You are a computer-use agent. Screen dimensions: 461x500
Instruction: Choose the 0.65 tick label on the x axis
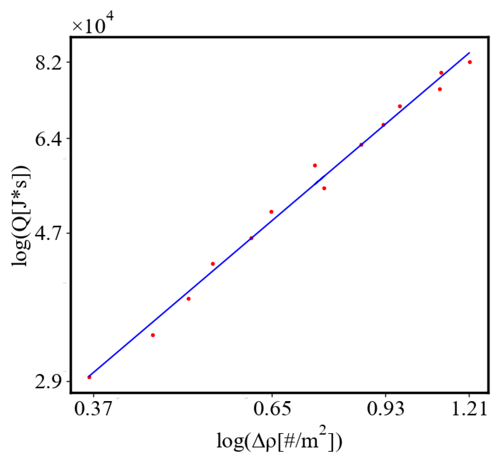point(272,409)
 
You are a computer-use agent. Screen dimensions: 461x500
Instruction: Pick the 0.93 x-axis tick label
point(386,409)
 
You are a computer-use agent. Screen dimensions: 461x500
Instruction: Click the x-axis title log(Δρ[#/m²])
point(279,441)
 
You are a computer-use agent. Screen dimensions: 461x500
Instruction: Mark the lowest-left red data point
point(89,377)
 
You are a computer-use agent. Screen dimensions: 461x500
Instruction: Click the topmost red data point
point(470,62)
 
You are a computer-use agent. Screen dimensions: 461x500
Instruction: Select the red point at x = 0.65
point(271,212)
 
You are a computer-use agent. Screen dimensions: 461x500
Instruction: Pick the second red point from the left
point(153,335)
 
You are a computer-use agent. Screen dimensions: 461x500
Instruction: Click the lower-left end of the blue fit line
point(89,376)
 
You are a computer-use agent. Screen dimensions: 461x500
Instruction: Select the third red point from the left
point(189,299)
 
